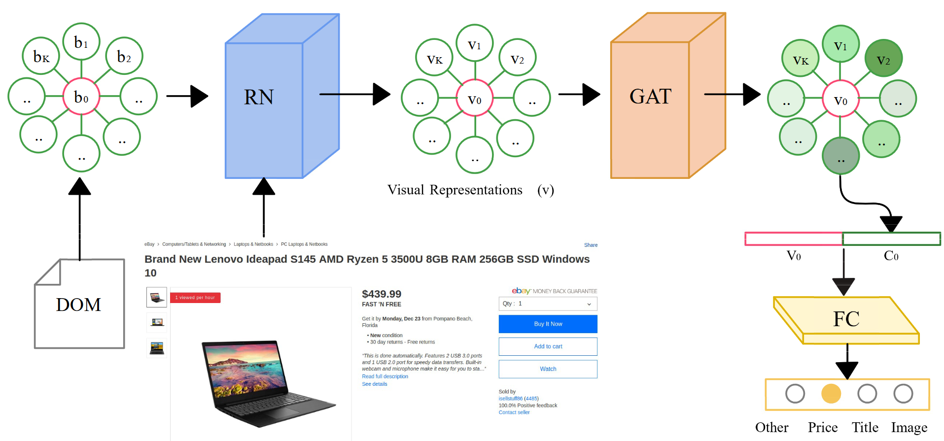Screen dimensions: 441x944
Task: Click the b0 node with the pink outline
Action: point(81,97)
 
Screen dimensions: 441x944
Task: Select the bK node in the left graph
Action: point(41,56)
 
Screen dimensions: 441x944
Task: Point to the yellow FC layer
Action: point(846,319)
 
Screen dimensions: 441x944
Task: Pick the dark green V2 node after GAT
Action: point(883,59)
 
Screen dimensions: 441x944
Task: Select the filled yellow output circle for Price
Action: point(831,394)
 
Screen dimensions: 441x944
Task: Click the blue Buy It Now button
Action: point(548,324)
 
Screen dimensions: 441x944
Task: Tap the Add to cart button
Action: point(548,346)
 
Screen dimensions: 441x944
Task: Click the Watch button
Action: point(548,369)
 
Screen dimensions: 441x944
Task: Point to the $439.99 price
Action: point(382,294)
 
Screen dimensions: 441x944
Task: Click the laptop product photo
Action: point(269,382)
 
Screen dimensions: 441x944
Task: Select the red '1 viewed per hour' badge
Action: point(195,298)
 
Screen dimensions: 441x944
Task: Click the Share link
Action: point(591,245)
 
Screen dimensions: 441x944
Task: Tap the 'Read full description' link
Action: point(385,376)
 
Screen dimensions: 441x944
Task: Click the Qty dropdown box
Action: point(548,304)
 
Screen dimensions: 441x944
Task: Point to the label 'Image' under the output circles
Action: point(909,428)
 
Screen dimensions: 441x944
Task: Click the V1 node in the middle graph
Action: point(475,43)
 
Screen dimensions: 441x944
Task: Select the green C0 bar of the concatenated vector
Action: point(891,239)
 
